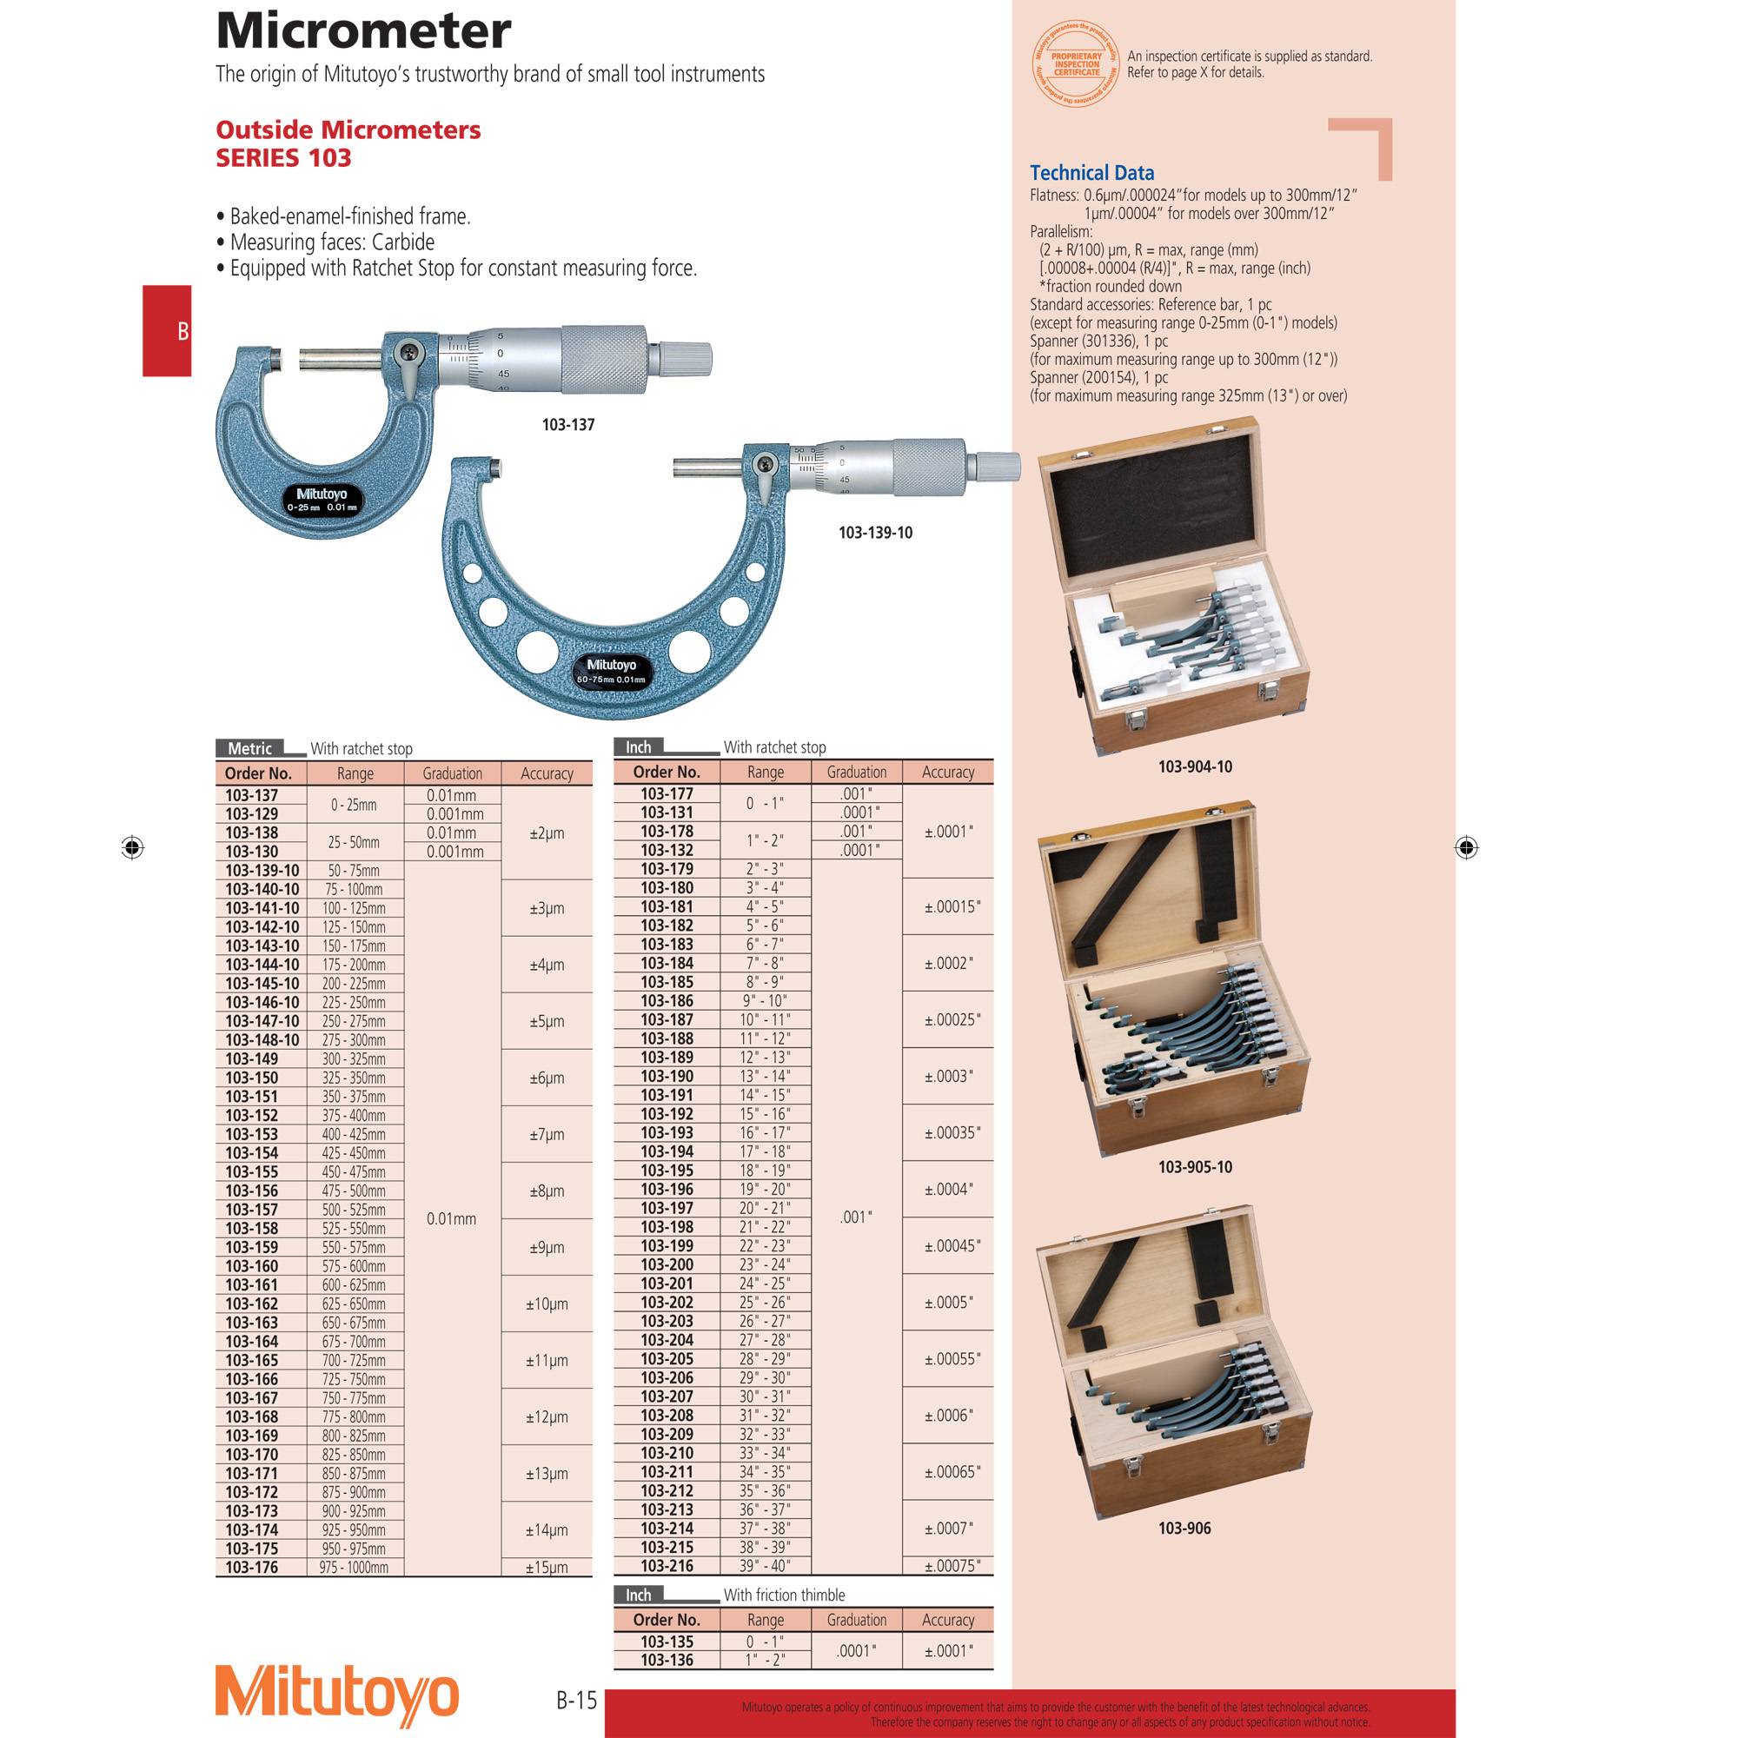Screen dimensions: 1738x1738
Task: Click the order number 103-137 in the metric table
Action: pyautogui.click(x=252, y=795)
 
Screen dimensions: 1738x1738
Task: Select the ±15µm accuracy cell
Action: pyautogui.click(x=547, y=1568)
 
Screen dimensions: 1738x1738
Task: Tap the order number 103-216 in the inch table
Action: pyautogui.click(x=667, y=1566)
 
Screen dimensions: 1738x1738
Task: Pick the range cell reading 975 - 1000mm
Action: pyautogui.click(x=355, y=1568)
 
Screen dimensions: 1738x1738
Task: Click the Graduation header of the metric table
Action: pyautogui.click(x=453, y=773)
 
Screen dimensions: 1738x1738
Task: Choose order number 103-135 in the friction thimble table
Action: pyautogui.click(x=667, y=1642)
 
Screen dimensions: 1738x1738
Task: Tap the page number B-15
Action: pyautogui.click(x=576, y=1701)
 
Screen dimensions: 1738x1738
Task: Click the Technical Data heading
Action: pyautogui.click(x=1091, y=173)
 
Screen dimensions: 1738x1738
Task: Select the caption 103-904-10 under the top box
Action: pyautogui.click(x=1195, y=766)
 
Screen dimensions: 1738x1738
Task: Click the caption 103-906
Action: pyautogui.click(x=1184, y=1529)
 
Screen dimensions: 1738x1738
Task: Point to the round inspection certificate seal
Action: pyautogui.click(x=1077, y=63)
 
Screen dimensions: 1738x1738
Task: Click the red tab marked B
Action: pyautogui.click(x=169, y=331)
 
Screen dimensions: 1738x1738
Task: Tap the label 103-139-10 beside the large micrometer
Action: pyautogui.click(x=874, y=533)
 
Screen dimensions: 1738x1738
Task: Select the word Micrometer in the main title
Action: pyautogui.click(x=363, y=30)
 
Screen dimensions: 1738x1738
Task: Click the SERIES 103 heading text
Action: pyautogui.click(x=283, y=158)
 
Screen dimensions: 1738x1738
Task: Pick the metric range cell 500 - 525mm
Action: pyautogui.click(x=355, y=1210)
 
